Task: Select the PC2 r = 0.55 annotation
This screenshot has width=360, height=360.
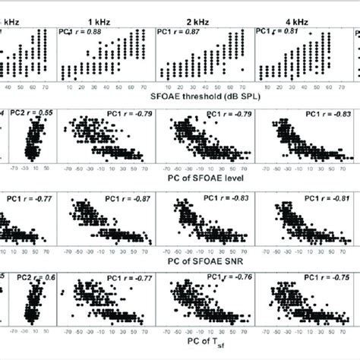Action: point(31,113)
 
